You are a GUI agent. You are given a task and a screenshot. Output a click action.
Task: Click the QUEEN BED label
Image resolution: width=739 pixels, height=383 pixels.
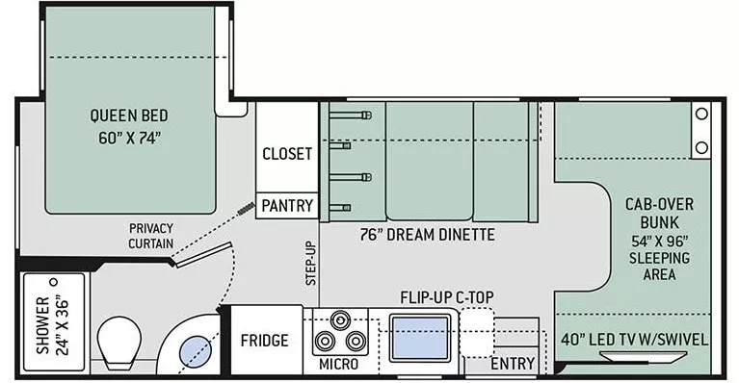129,115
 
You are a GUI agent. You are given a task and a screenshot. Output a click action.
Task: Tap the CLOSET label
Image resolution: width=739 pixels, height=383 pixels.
287,154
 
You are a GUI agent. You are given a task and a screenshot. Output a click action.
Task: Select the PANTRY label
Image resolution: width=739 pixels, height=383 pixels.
287,206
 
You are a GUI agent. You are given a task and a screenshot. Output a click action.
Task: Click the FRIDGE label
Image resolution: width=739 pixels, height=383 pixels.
264,341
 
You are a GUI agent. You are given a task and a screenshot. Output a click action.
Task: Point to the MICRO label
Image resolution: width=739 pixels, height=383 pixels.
338,364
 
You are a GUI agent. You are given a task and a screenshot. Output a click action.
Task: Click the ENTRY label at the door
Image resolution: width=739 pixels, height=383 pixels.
513,363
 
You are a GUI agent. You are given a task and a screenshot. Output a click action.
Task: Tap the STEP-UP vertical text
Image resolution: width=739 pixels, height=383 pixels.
310,263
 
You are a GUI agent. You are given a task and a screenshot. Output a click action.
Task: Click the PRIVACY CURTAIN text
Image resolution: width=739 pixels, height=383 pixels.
151,236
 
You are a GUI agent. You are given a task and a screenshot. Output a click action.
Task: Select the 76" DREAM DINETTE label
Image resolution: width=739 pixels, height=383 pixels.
428,234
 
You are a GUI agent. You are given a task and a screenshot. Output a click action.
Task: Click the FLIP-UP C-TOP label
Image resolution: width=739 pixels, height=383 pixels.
447,297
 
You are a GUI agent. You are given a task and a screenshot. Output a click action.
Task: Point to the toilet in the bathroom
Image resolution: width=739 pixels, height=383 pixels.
119,342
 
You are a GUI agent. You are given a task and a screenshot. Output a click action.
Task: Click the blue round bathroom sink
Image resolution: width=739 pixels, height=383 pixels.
194,352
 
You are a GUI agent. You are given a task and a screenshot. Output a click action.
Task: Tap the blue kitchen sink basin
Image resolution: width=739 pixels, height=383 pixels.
419,338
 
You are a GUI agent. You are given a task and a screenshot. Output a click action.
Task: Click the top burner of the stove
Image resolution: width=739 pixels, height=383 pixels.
340,320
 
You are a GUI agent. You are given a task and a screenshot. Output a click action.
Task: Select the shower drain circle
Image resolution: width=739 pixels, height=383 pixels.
54,282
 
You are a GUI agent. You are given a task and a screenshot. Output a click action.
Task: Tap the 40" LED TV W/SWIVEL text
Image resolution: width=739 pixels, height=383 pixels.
634,340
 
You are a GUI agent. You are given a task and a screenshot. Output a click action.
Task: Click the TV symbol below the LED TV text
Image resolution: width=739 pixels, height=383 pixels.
634,356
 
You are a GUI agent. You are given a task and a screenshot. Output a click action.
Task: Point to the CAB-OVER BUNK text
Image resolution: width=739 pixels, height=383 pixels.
659,213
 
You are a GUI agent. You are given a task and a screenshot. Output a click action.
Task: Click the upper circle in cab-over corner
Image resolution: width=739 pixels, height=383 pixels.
701,114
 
